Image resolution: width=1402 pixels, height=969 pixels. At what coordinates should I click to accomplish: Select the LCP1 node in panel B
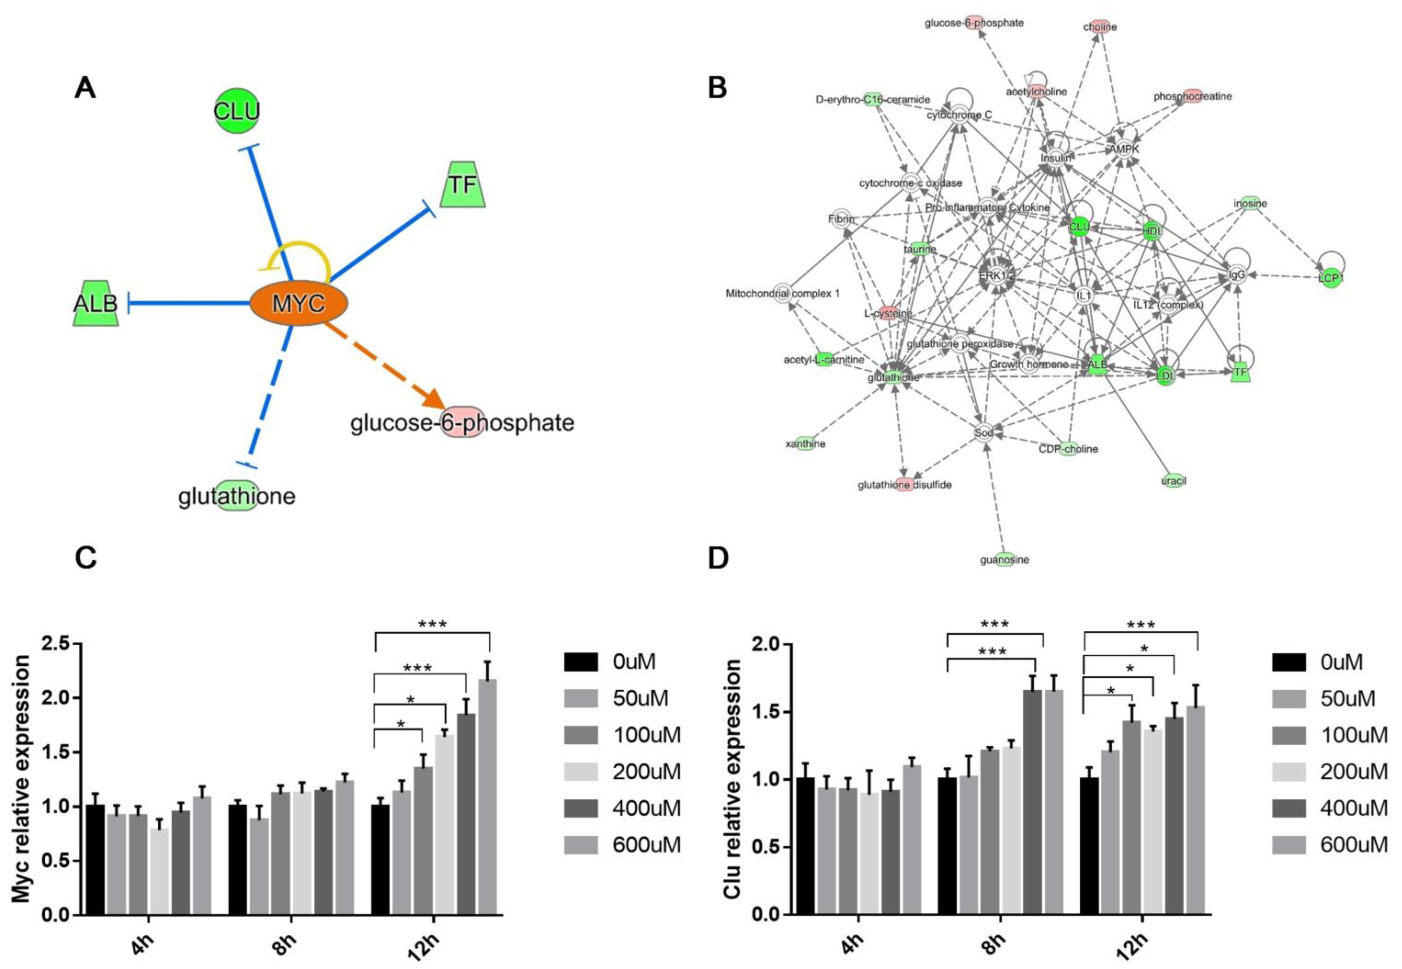1330,278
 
